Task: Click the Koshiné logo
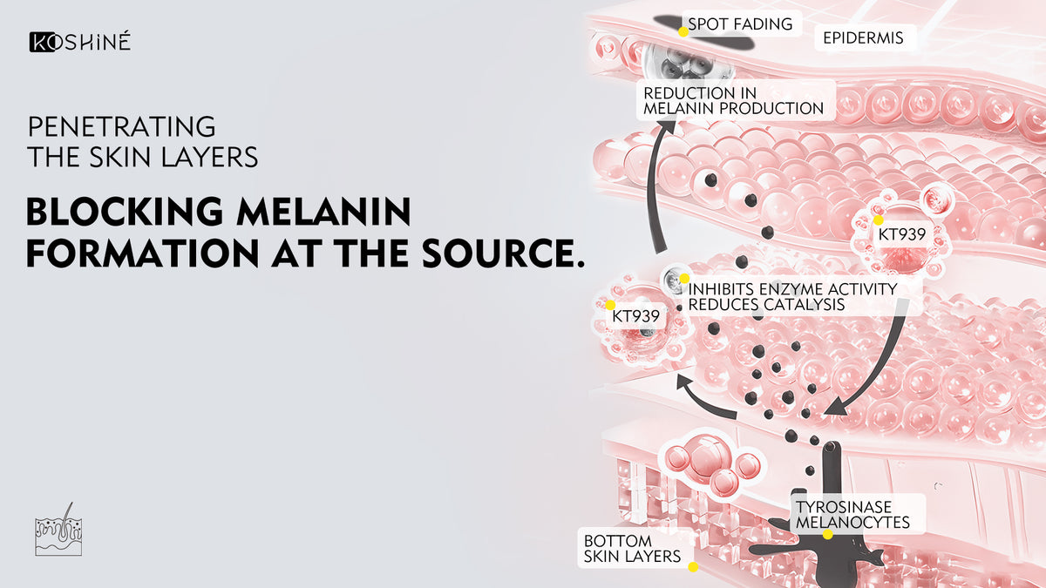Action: pyautogui.click(x=80, y=42)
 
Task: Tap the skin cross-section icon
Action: pyautogui.click(x=58, y=529)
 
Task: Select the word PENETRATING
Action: pyautogui.click(x=121, y=126)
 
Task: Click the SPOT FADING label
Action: pyautogui.click(x=740, y=24)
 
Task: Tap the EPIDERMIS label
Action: pyautogui.click(x=863, y=37)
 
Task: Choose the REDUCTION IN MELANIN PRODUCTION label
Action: pyautogui.click(x=733, y=100)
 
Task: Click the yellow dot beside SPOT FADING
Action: pyautogui.click(x=684, y=30)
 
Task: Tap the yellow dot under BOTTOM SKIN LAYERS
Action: pyautogui.click(x=693, y=566)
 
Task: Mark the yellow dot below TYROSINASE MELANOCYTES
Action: pyautogui.click(x=827, y=534)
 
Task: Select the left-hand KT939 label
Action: pyautogui.click(x=635, y=315)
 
